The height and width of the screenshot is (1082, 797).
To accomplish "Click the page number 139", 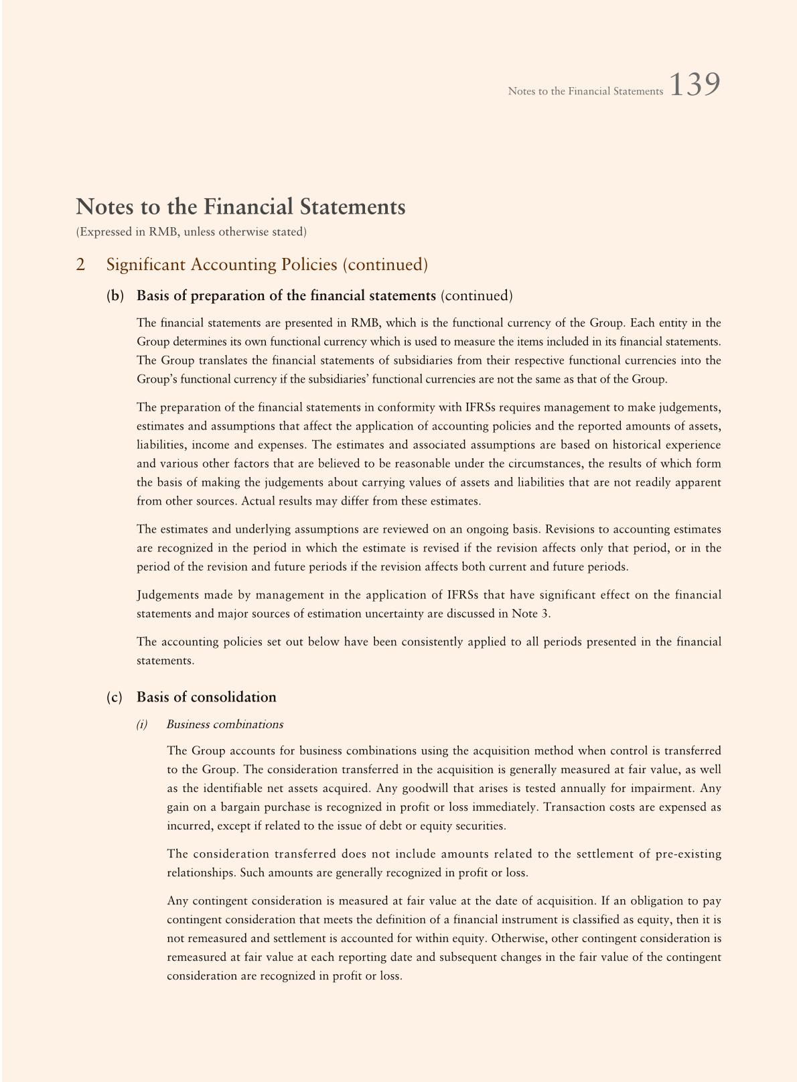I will (x=695, y=85).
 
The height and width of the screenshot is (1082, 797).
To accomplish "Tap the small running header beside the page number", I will (x=585, y=91).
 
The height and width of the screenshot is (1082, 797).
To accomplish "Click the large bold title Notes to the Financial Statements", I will (x=240, y=207).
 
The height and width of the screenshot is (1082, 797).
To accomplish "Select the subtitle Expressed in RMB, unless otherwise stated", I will (x=192, y=232).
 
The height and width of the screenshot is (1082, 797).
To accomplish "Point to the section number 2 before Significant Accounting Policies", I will (x=80, y=265).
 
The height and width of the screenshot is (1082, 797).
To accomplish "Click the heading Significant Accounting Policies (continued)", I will (x=267, y=265).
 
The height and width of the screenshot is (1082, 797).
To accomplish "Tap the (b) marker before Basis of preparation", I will (x=115, y=295).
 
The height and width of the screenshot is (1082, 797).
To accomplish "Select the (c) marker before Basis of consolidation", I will (x=115, y=697).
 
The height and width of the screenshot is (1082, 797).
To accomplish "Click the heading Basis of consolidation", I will (x=206, y=697).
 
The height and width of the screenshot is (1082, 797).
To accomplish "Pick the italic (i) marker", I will (x=142, y=724).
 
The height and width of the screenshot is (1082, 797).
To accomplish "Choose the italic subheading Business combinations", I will (x=224, y=724).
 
